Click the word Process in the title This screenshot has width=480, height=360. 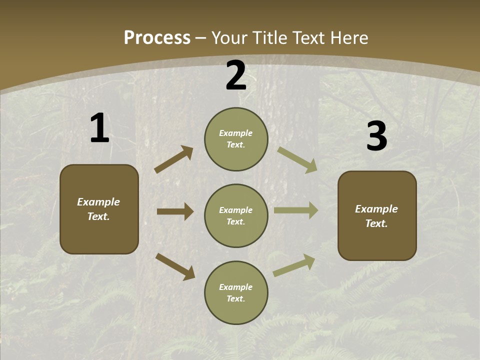(157, 38)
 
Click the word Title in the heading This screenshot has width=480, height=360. (269, 38)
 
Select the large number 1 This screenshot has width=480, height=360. (99, 128)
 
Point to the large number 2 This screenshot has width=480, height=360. (236, 75)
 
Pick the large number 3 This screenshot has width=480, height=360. (376, 136)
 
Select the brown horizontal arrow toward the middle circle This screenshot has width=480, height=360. (175, 211)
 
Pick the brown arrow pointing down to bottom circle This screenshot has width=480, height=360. (175, 266)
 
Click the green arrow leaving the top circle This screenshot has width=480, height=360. (297, 159)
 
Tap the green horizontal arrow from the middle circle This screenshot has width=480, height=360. (296, 210)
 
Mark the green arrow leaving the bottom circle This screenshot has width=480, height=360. (294, 265)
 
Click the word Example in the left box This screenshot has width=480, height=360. (98, 202)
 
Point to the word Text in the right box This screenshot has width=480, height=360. (376, 223)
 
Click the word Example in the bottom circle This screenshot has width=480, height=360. (236, 287)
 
